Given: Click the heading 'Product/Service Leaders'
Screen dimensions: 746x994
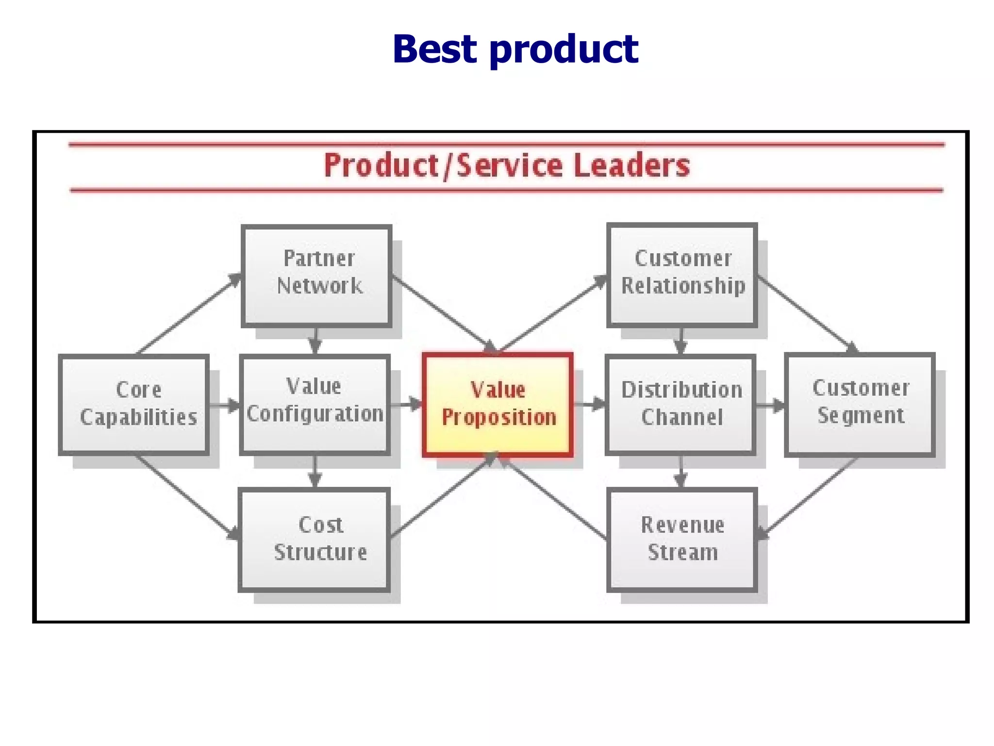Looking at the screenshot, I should point(507,166).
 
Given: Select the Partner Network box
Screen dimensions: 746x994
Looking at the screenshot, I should point(316,275).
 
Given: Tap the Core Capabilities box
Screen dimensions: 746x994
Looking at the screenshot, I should point(134,405).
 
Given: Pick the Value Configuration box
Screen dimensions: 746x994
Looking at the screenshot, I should point(315,405).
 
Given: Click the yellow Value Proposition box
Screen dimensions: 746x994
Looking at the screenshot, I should point(498,405).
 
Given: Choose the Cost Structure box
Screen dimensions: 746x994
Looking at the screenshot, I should point(315,540).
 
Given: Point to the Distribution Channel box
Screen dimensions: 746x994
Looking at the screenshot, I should point(680,405).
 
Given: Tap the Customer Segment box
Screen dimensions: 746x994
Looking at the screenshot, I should point(860,405).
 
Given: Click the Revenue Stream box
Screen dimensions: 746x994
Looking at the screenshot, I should point(682,540).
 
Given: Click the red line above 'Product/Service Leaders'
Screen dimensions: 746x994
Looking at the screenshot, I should point(507,144).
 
